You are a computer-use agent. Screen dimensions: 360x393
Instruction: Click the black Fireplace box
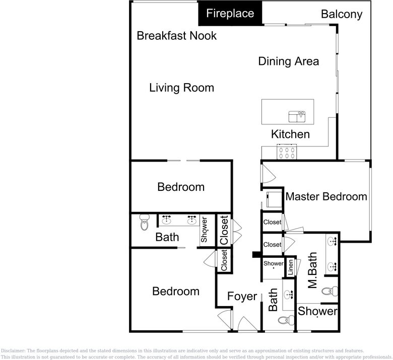click(x=230, y=13)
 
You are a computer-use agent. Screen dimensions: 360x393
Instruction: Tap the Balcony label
click(x=342, y=14)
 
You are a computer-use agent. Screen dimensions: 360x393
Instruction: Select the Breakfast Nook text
click(x=177, y=36)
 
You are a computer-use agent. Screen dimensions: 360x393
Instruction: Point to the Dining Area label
click(x=288, y=61)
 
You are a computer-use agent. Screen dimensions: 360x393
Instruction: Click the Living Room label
click(x=181, y=88)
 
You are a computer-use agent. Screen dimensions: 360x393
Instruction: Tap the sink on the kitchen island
click(x=297, y=117)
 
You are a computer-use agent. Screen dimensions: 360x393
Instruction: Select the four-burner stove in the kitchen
click(x=287, y=151)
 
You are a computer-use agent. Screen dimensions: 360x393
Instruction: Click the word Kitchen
click(x=290, y=134)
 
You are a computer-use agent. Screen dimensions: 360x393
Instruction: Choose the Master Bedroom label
click(x=326, y=196)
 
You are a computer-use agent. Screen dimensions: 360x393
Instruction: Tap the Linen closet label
click(x=291, y=267)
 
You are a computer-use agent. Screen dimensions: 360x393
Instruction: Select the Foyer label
click(x=242, y=297)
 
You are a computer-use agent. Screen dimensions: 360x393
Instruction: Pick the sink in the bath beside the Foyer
click(x=289, y=295)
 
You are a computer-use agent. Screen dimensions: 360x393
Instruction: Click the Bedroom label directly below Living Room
click(x=181, y=187)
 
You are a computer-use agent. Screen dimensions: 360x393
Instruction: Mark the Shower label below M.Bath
click(x=317, y=311)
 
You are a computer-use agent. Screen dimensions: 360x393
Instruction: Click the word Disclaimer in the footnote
click(x=13, y=351)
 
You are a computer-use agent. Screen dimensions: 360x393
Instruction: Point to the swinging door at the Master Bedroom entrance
click(x=268, y=174)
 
